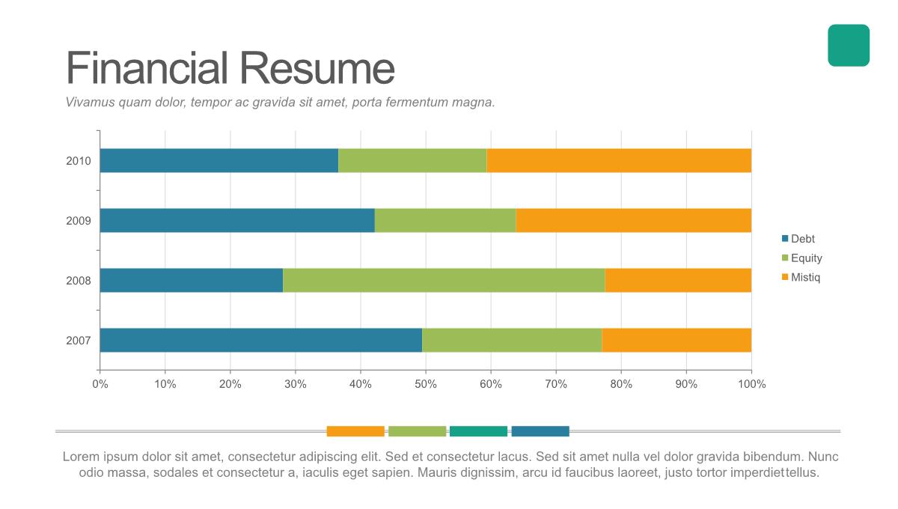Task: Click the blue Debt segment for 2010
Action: coord(219,161)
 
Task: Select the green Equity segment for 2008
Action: coord(444,281)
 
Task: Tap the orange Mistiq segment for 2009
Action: coord(633,221)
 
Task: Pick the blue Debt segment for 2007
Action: coord(260,341)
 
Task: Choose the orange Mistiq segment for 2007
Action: coord(676,341)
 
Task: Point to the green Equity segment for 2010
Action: coord(412,161)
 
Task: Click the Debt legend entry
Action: coord(802,240)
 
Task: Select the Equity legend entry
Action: coord(806,258)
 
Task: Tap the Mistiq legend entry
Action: coord(805,278)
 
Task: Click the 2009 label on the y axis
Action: coord(79,221)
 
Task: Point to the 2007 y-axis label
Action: coord(79,341)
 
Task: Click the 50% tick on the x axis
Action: coord(426,384)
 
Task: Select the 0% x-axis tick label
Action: coord(100,384)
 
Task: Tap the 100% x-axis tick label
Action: coord(751,384)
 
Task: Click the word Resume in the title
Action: coord(317,68)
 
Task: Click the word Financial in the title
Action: coord(147,68)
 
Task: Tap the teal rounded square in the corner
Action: coord(849,46)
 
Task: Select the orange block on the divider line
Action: coord(355,431)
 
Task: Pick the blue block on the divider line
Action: coord(540,431)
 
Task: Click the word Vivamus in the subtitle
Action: coord(90,103)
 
